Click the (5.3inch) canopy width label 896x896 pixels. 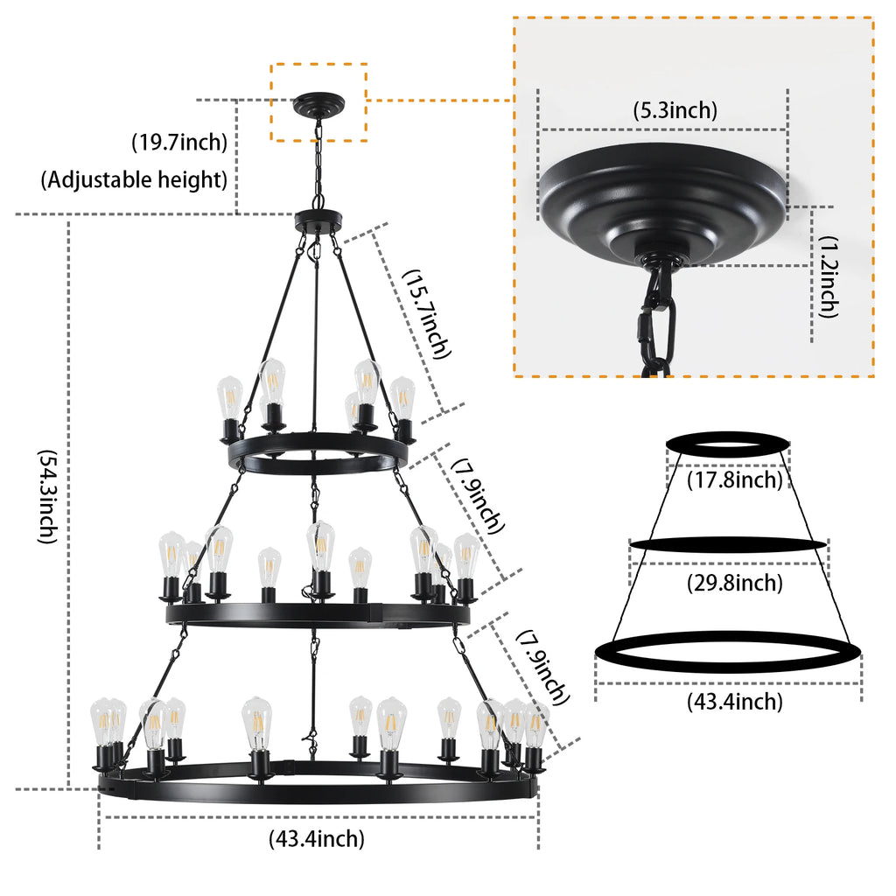[x=675, y=110]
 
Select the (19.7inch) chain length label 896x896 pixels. [x=179, y=141]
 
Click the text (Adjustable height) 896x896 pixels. [x=134, y=180]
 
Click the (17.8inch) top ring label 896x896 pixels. [x=734, y=479]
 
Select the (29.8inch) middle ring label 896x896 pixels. [x=734, y=583]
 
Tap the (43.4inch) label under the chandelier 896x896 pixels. [x=316, y=839]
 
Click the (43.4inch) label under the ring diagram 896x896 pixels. [x=734, y=701]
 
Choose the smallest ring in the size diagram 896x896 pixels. [x=728, y=444]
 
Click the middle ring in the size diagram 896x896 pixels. [x=728, y=544]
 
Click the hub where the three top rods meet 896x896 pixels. [x=319, y=220]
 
